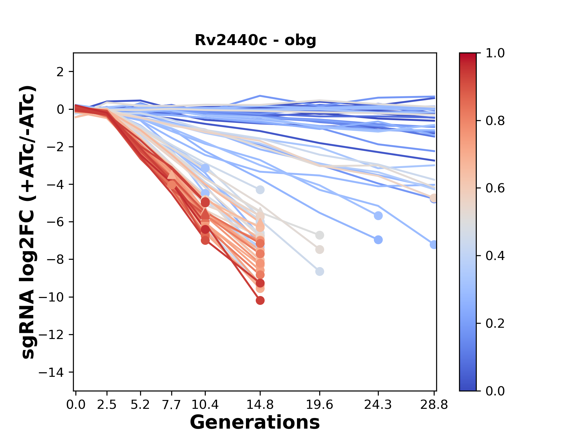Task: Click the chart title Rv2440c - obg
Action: coord(255,40)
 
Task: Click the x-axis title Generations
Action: coord(255,423)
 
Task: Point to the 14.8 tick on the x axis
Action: coord(260,405)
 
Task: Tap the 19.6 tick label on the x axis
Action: coord(319,405)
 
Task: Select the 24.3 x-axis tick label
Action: coord(378,405)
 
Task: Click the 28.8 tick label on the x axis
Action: coord(434,405)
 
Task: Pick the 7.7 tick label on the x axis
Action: coord(172,405)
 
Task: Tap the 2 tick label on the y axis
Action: coord(60,72)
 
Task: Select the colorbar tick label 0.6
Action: coord(495,188)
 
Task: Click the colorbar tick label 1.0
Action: coord(495,53)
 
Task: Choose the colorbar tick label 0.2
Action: coord(495,323)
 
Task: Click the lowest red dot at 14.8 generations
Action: coord(260,301)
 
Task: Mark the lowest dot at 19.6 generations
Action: coord(320,271)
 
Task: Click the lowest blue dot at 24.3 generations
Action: coord(378,240)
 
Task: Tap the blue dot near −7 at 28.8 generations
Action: coord(433,244)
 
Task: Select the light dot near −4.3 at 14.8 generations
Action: coord(260,190)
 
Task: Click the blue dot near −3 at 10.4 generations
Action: coord(205,168)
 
